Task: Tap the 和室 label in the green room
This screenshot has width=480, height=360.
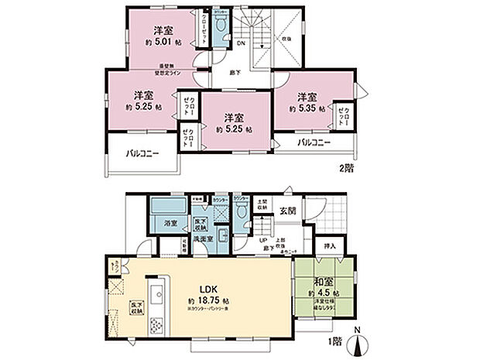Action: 325,284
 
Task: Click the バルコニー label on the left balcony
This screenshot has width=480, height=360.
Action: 142,154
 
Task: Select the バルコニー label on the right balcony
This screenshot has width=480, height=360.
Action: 314,143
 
